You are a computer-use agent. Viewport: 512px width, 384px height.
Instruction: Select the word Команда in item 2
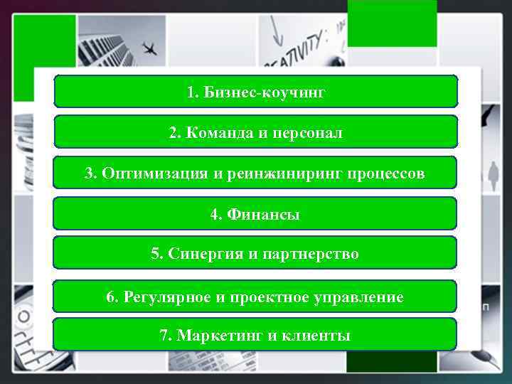[x=214, y=133]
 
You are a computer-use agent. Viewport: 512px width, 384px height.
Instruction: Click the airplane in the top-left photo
[x=149, y=48]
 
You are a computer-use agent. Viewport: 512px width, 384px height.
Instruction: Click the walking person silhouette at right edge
[x=493, y=174]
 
